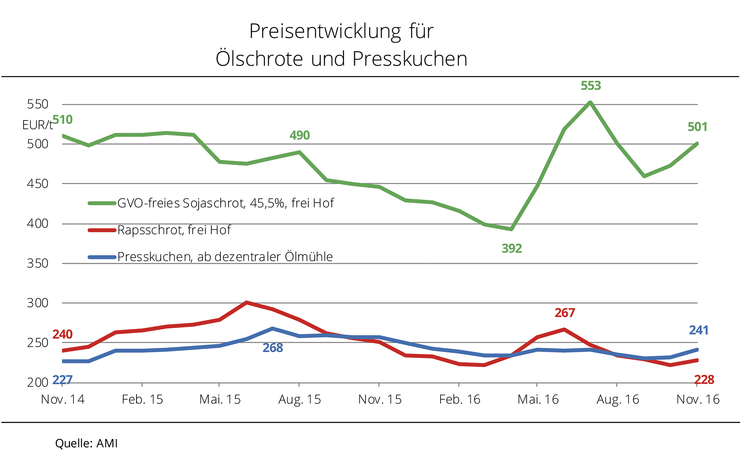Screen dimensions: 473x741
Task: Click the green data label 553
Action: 590,86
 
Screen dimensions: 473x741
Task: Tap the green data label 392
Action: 512,249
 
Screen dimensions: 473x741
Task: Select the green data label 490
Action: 300,135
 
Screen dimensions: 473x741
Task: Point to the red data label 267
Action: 564,313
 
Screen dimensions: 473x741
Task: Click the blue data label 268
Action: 272,348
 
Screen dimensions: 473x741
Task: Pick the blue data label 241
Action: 698,330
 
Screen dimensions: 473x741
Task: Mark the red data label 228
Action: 704,380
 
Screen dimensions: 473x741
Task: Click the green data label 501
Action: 697,127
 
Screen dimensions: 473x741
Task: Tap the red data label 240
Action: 62,334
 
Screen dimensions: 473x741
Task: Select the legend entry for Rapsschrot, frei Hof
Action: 174,230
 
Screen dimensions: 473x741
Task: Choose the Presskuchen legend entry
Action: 225,257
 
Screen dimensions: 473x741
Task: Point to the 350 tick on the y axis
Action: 38,263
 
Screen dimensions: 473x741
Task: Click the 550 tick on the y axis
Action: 38,105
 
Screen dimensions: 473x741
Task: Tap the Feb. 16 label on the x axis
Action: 460,400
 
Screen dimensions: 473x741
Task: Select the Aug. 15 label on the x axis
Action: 300,400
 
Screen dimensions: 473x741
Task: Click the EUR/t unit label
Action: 37,125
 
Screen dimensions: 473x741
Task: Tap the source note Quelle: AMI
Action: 86,444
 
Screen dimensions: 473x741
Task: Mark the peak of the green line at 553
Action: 590,102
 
